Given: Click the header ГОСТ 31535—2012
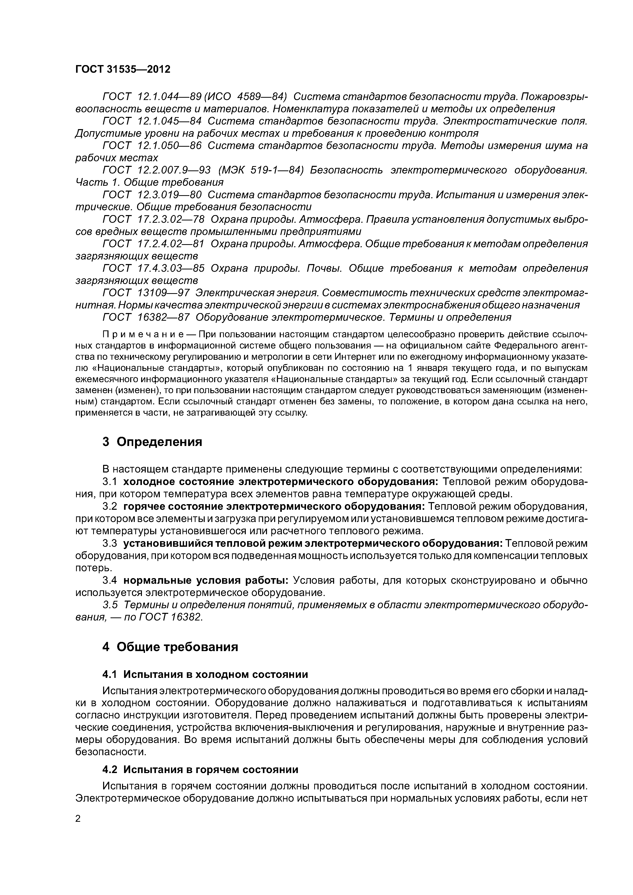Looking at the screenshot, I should pyautogui.click(x=123, y=69).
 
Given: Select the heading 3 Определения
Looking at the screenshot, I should pyautogui.click(x=152, y=442).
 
